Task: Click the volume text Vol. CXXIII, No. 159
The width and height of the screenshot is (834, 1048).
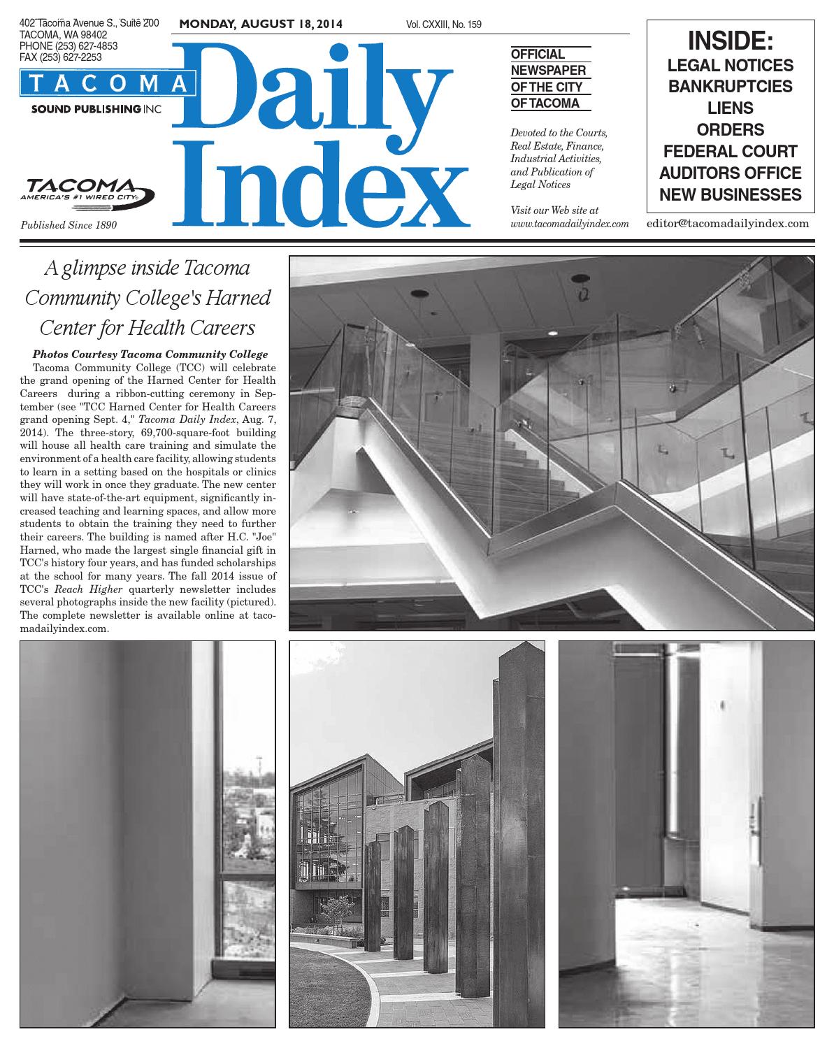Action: pyautogui.click(x=443, y=25)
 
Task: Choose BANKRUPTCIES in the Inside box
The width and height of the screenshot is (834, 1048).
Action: pyautogui.click(x=731, y=87)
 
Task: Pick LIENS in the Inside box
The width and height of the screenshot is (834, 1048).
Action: pyautogui.click(x=731, y=108)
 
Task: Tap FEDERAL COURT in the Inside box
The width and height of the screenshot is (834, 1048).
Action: pyautogui.click(x=731, y=152)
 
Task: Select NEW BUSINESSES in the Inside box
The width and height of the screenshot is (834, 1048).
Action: pyautogui.click(x=731, y=195)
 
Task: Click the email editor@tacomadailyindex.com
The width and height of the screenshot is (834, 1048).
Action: pyautogui.click(x=728, y=224)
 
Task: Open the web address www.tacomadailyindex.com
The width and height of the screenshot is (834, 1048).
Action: pyautogui.click(x=570, y=224)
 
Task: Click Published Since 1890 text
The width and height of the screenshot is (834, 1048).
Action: pyautogui.click(x=69, y=225)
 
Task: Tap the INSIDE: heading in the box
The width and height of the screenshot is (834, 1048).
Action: pyautogui.click(x=731, y=41)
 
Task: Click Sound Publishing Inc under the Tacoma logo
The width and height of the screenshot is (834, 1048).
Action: pyautogui.click(x=94, y=110)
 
